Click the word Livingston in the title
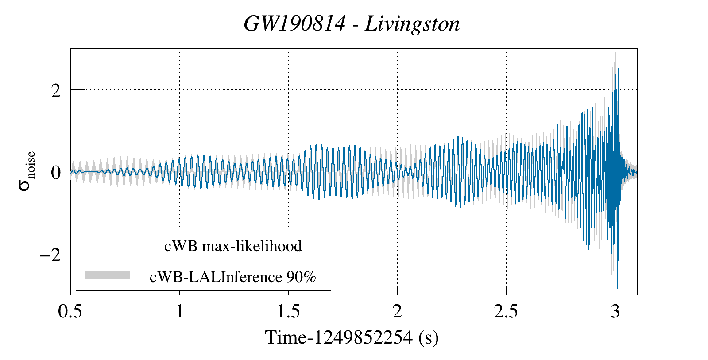pos(412,24)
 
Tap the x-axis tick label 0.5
pos(70,312)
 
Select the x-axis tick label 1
pos(179,312)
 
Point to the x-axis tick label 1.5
pos(288,312)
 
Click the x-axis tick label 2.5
pos(506,312)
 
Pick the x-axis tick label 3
pos(615,312)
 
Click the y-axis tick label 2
pos(56,90)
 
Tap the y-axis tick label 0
pos(56,172)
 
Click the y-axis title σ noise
pos(27,171)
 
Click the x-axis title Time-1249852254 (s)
pos(352,338)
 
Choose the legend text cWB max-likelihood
pos(233,246)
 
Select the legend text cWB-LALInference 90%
pos(233,277)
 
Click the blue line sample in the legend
pos(108,244)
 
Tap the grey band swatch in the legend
pos(108,275)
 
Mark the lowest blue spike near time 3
pos(617,288)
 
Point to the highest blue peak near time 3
pos(618,69)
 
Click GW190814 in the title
pos(294,24)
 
